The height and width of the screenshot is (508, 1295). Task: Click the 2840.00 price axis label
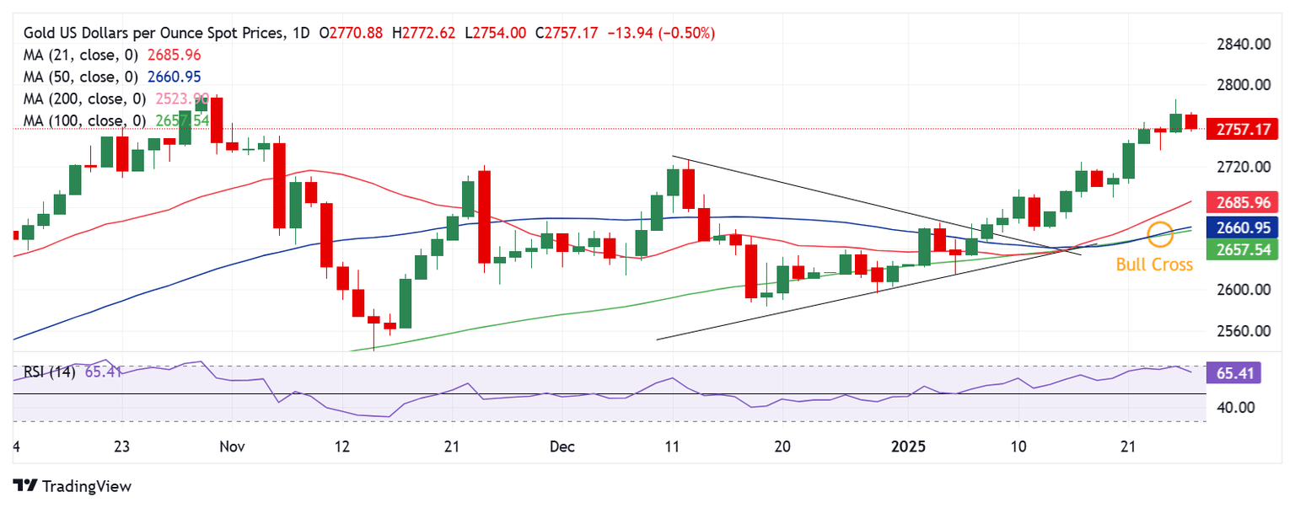pyautogui.click(x=1244, y=44)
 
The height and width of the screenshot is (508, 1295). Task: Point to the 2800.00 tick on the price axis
pyautogui.click(x=1244, y=84)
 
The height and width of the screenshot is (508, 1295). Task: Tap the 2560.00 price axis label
pyautogui.click(x=1244, y=330)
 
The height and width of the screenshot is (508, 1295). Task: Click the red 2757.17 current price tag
pyautogui.click(x=1244, y=131)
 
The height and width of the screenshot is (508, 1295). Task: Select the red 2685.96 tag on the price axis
pyautogui.click(x=1244, y=202)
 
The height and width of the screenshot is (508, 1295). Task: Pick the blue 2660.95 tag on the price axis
pyautogui.click(x=1244, y=227)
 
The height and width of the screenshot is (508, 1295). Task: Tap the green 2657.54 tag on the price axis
pyautogui.click(x=1244, y=249)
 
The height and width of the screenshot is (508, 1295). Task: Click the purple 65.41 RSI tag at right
pyautogui.click(x=1233, y=372)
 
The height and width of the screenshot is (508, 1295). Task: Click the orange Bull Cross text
pyautogui.click(x=1154, y=265)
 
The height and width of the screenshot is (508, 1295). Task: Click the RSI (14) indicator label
pyautogui.click(x=49, y=372)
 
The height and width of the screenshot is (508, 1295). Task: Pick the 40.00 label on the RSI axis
pyautogui.click(x=1235, y=407)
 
